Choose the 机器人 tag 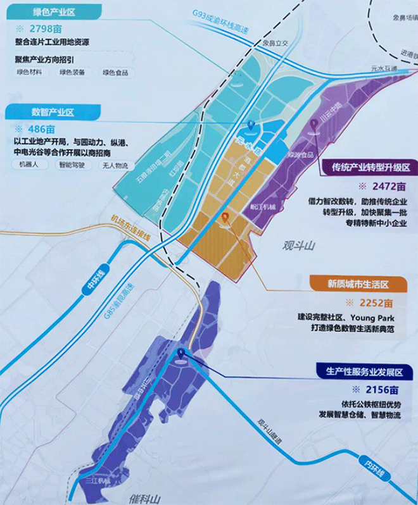(28, 166)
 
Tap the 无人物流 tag (115, 166)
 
